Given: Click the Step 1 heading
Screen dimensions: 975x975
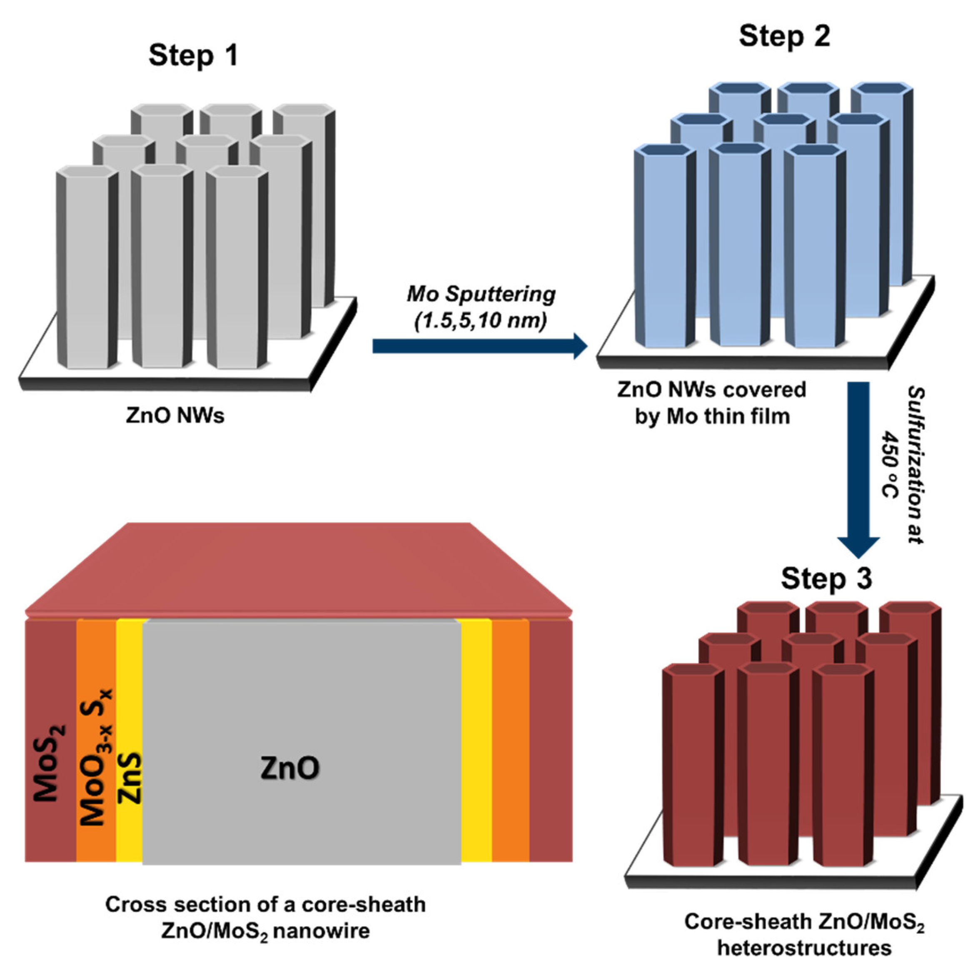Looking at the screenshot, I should coord(193,55).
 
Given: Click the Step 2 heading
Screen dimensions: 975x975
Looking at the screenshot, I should coord(784,36).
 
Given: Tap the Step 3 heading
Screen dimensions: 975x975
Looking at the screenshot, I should coord(826,579).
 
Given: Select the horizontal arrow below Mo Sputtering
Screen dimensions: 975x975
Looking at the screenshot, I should coord(479,346).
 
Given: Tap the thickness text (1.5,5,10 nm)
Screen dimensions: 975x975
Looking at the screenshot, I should coord(481,321).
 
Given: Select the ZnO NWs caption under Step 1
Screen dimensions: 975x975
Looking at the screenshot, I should coord(175,415).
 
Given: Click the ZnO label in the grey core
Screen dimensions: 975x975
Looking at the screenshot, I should coord(290,768).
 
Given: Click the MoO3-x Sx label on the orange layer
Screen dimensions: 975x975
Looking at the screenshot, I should coord(96,757).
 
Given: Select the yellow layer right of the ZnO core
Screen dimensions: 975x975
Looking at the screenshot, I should coord(476,742).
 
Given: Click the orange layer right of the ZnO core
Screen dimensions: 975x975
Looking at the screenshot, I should coord(510,742).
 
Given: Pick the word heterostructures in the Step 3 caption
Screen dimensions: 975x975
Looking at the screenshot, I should coord(804,948).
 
